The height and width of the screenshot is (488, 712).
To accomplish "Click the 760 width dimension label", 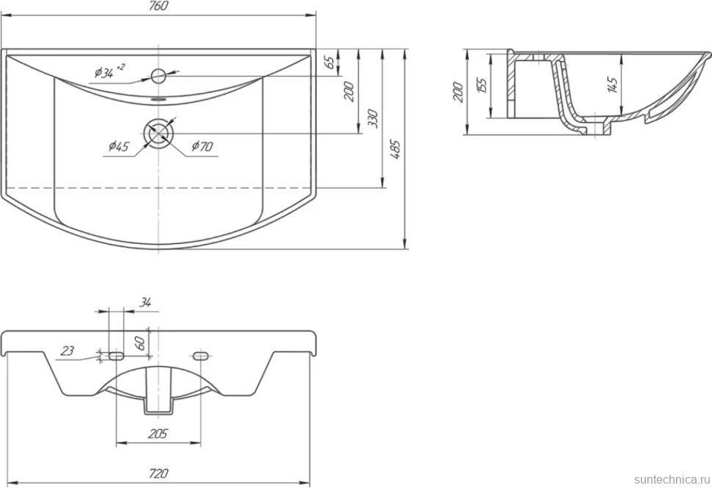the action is pyautogui.click(x=159, y=6).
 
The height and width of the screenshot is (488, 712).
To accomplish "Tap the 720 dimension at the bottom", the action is pyautogui.click(x=158, y=473).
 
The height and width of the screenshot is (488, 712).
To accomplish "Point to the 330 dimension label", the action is pyautogui.click(x=373, y=118).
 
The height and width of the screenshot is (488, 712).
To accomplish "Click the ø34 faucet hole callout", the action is pyautogui.click(x=109, y=71).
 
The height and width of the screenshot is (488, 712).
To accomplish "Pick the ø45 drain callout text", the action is pyautogui.click(x=118, y=146).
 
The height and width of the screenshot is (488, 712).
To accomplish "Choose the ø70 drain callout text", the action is pyautogui.click(x=202, y=146).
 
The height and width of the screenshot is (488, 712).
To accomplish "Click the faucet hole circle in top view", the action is pyautogui.click(x=159, y=76).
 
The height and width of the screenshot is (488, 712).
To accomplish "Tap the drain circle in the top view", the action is pyautogui.click(x=159, y=133).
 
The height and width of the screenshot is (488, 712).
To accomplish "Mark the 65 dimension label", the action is pyautogui.click(x=333, y=61).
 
